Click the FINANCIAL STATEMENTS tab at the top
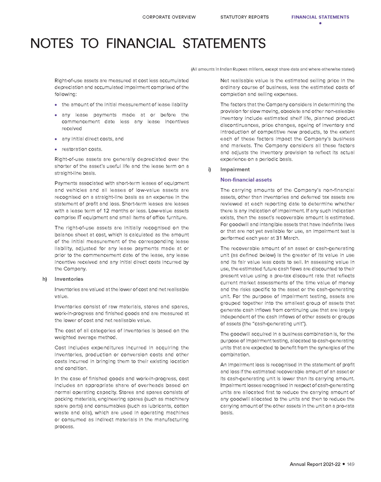[x=320, y=17]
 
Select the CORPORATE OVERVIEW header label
[x=169, y=17]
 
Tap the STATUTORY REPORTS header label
[x=244, y=17]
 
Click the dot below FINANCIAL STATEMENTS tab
[x=320, y=23]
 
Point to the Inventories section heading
[x=69, y=279]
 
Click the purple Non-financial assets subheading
[x=246, y=180]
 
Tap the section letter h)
[x=45, y=279]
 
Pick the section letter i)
[x=211, y=170]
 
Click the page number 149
[x=350, y=464]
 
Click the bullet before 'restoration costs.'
[x=56, y=149]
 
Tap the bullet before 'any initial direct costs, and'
[x=56, y=139]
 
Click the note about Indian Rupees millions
[x=273, y=69]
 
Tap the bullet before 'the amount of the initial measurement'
[x=56, y=104]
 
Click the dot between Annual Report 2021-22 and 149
[x=344, y=464]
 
